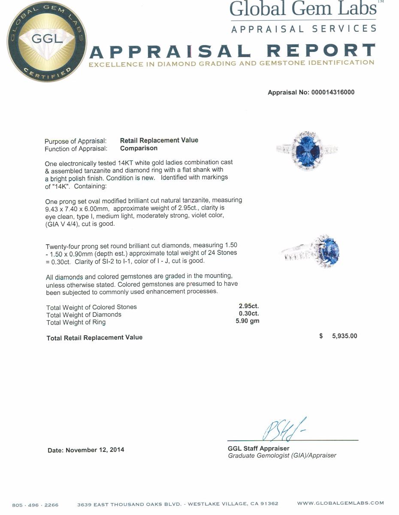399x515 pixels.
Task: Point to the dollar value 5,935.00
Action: pyautogui.click(x=344, y=336)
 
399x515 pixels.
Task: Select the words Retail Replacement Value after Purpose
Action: pyautogui.click(x=159, y=140)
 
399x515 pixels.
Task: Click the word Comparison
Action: pyautogui.click(x=139, y=148)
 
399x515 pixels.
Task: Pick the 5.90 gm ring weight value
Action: pyautogui.click(x=248, y=321)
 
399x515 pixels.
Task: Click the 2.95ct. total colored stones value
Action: pyautogui.click(x=249, y=306)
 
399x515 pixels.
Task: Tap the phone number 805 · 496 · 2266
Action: pyautogui.click(x=35, y=505)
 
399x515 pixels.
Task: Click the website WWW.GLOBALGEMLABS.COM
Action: pyautogui.click(x=340, y=503)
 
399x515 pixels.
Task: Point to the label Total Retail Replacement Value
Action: pyautogui.click(x=94, y=338)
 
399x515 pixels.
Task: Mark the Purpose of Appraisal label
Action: pyautogui.click(x=76, y=141)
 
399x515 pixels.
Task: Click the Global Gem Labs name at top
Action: pyautogui.click(x=303, y=9)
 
